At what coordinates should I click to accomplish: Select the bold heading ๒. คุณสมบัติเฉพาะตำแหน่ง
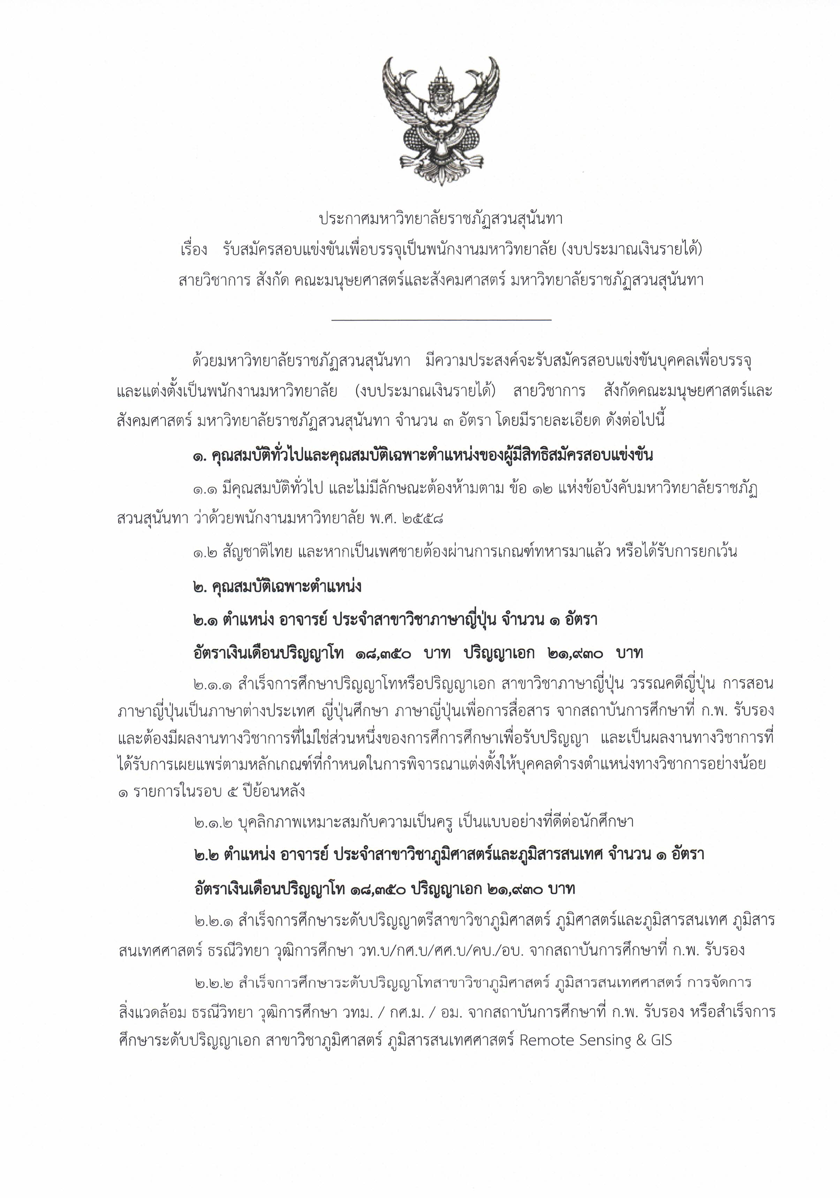coord(277,587)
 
